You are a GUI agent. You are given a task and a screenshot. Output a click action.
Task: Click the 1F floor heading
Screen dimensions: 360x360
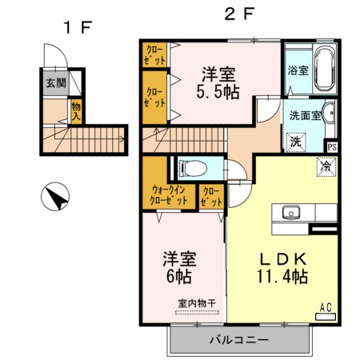coord(79,26)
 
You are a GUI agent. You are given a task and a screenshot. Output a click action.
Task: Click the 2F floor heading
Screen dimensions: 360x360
coord(238,14)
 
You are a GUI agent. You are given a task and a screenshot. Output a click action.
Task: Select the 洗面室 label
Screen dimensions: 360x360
coord(305,114)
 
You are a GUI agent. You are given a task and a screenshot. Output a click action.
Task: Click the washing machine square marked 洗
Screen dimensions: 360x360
coord(296,142)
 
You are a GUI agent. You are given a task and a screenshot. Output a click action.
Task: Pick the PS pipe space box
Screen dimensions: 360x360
coord(332,147)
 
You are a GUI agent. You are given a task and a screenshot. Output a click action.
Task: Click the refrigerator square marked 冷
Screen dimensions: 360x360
coord(326,167)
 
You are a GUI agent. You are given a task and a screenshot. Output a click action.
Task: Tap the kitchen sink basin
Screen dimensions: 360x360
coord(290,213)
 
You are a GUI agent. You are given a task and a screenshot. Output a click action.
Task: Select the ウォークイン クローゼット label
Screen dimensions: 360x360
coord(170,196)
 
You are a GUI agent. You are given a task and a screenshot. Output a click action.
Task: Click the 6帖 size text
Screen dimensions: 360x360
coord(180,277)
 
